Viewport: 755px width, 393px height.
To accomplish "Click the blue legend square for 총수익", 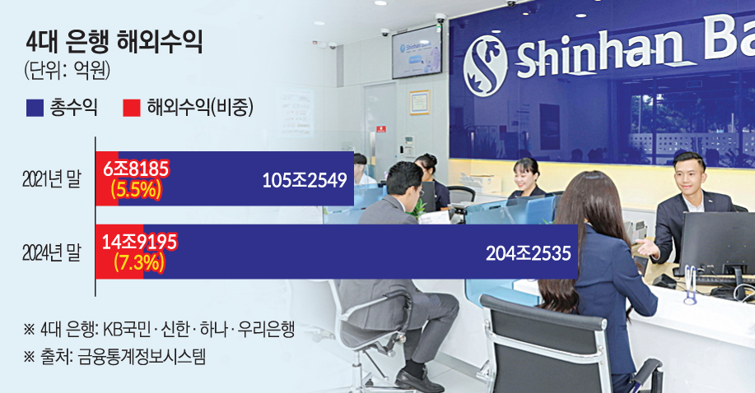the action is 35,108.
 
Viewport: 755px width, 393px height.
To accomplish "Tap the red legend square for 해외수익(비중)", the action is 132,108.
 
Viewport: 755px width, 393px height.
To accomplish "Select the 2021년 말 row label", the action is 52,179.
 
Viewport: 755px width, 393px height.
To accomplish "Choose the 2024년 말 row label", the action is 52,252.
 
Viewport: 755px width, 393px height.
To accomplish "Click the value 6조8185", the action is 137,169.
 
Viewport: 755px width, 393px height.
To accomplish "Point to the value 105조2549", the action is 305,180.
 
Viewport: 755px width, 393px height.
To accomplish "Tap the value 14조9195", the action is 140,242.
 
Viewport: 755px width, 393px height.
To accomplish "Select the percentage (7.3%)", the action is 140,262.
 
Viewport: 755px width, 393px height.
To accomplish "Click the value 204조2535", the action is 529,253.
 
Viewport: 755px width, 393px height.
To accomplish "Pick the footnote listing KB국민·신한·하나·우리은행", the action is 159,330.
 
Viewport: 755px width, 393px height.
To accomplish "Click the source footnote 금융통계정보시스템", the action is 115,357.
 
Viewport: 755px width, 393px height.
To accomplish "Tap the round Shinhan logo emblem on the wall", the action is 486,64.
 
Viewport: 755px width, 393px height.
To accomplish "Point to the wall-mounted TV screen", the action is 417,52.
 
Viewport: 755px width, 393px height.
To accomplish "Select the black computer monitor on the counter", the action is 717,243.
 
